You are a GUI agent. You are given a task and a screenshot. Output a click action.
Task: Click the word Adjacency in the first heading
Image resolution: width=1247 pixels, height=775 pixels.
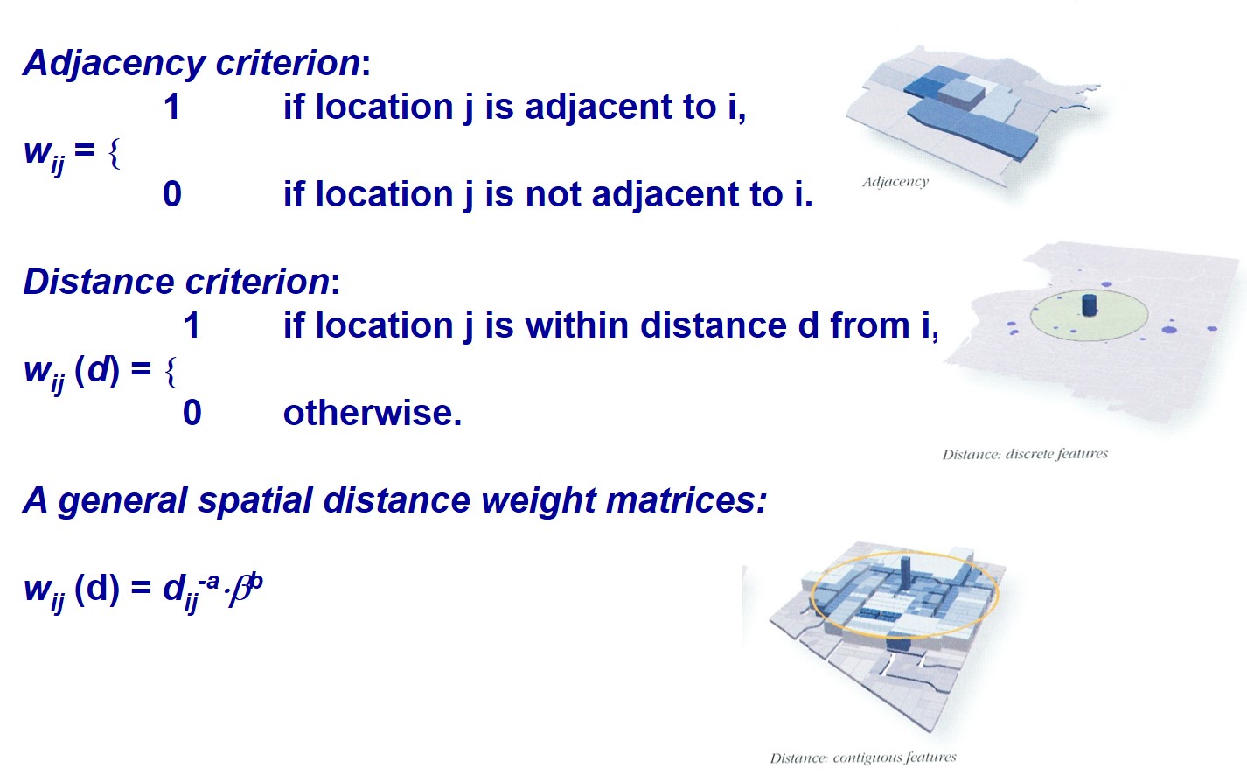[x=115, y=64]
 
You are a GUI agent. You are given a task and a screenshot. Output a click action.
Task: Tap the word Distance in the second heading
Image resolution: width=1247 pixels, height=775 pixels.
[x=100, y=281]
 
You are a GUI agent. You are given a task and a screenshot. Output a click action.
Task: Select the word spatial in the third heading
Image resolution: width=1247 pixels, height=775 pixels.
[x=255, y=501]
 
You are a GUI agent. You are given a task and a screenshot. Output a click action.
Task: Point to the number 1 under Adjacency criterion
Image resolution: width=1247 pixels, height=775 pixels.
[x=172, y=107]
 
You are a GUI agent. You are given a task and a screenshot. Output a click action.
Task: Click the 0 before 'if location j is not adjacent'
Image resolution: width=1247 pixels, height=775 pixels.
[x=172, y=194]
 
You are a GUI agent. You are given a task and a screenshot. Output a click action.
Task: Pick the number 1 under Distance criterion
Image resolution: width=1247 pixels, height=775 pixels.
[x=192, y=325]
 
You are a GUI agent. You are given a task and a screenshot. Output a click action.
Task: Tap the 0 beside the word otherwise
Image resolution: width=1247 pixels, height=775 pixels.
[x=192, y=413]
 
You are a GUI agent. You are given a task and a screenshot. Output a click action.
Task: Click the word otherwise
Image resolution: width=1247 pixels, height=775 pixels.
[x=373, y=413]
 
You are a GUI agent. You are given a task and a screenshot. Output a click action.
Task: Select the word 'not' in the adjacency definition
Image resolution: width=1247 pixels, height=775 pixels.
[x=547, y=194]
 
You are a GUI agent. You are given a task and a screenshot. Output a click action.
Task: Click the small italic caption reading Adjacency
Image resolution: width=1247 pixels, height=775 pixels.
[x=895, y=182]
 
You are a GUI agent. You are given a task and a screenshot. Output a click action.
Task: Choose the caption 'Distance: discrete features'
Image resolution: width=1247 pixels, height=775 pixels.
[x=1025, y=454]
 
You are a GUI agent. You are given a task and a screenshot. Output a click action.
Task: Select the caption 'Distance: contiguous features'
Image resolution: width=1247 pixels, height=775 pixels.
[x=863, y=758]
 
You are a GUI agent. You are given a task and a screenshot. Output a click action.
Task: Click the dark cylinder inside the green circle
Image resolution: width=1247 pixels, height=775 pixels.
[x=1090, y=305]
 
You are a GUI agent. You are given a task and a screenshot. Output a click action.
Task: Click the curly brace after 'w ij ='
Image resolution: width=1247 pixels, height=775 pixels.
[x=115, y=153]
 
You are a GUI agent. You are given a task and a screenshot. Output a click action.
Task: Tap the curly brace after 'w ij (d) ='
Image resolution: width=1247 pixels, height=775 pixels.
[x=171, y=372]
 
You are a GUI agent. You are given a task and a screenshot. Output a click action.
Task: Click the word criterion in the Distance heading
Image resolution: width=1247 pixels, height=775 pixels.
[x=258, y=281]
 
